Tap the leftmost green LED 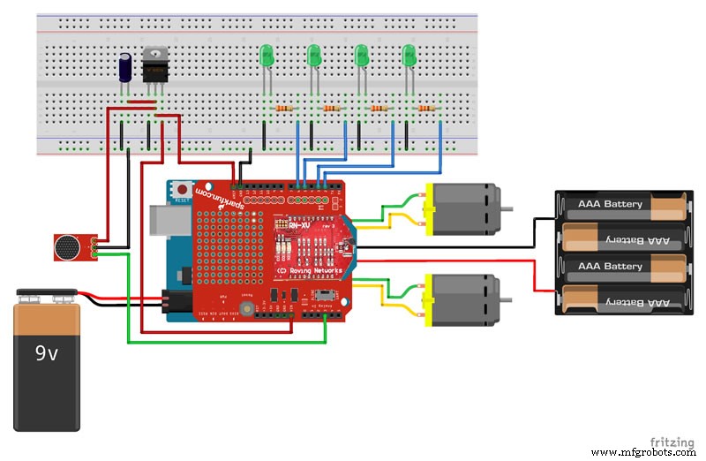[267, 57]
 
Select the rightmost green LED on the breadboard [409, 57]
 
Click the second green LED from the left [313, 57]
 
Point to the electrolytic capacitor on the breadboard [127, 67]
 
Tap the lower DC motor [462, 296]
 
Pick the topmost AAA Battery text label [610, 205]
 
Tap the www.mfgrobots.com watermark [647, 452]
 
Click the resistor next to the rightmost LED [427, 109]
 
